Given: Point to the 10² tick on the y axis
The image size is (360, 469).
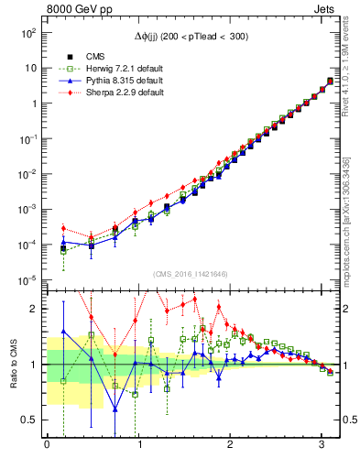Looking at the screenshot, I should coord(28,32).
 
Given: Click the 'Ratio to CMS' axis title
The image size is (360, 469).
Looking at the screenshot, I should coord(13,365).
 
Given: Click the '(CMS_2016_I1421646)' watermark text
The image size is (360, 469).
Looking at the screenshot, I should coord(190,274).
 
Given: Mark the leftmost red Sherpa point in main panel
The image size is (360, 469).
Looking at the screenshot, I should coord(63,228).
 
